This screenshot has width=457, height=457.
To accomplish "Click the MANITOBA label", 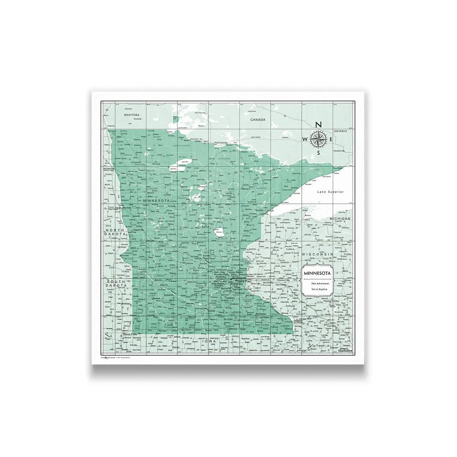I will coord(130,115).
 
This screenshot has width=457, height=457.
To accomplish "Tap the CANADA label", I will coord(258,120).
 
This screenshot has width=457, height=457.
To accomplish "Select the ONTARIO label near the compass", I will coord(340,131).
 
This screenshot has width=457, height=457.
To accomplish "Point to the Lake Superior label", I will coord(331,192).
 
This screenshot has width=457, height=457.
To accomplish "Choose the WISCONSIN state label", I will coord(317,254).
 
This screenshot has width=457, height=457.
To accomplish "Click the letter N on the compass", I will coord(319,125).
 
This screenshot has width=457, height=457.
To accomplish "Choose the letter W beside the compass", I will coord(305,140).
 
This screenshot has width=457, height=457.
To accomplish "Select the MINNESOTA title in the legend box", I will coord(317,273).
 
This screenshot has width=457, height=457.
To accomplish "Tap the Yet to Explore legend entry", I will coord(317,289).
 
